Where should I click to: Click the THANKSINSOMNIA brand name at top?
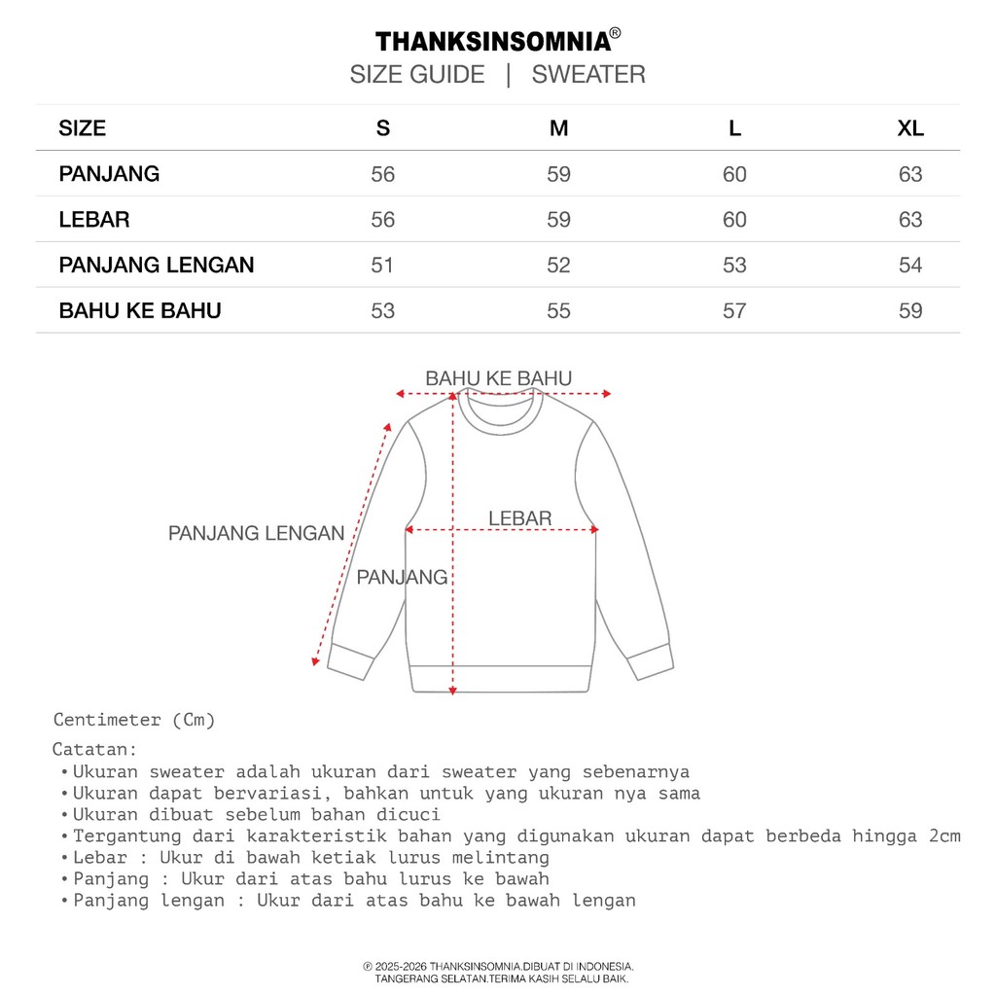493,41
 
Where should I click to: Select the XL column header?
910,128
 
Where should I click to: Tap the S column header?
383,128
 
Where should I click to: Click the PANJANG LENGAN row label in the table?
157,265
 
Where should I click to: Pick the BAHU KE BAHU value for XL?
910,311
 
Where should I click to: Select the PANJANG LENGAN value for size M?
558,266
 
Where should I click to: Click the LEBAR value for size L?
734,220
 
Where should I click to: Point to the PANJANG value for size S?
383,175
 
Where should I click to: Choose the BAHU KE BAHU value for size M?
558,311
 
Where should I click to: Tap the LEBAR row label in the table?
94,220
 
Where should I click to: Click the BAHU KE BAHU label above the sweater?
499,378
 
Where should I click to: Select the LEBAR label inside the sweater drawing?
520,518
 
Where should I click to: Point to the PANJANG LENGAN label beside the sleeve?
257,533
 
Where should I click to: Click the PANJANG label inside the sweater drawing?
402,577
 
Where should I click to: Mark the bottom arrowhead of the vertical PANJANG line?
453,690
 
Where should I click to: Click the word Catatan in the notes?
94,750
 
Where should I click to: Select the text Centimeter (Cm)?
134,720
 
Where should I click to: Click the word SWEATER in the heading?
588,75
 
